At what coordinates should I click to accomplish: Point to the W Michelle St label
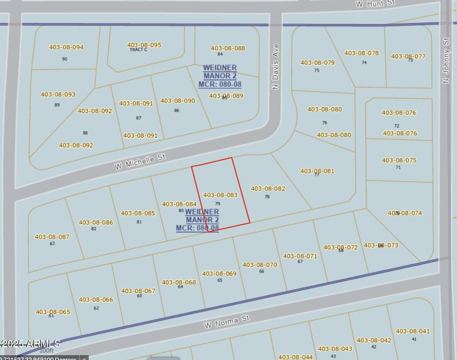coord(140,161)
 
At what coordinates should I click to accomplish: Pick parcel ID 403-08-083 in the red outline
coord(220,195)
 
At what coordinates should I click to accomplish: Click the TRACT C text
coord(138,50)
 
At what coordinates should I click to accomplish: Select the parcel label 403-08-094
coord(66,47)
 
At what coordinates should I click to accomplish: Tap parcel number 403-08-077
coord(408,56)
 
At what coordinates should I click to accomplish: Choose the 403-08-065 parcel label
coord(53,312)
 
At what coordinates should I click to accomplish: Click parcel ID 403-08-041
coord(412,331)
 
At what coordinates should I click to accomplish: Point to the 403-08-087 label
coord(52,237)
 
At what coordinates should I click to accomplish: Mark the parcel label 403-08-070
coord(260,265)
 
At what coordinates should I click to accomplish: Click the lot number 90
coord(65,59)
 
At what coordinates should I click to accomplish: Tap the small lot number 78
coord(267,197)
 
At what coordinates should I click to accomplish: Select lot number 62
coord(96,308)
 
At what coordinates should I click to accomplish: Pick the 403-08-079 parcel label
coord(317,63)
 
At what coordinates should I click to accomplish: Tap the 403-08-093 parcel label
coord(58,94)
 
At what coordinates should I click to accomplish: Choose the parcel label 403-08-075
coord(399,161)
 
